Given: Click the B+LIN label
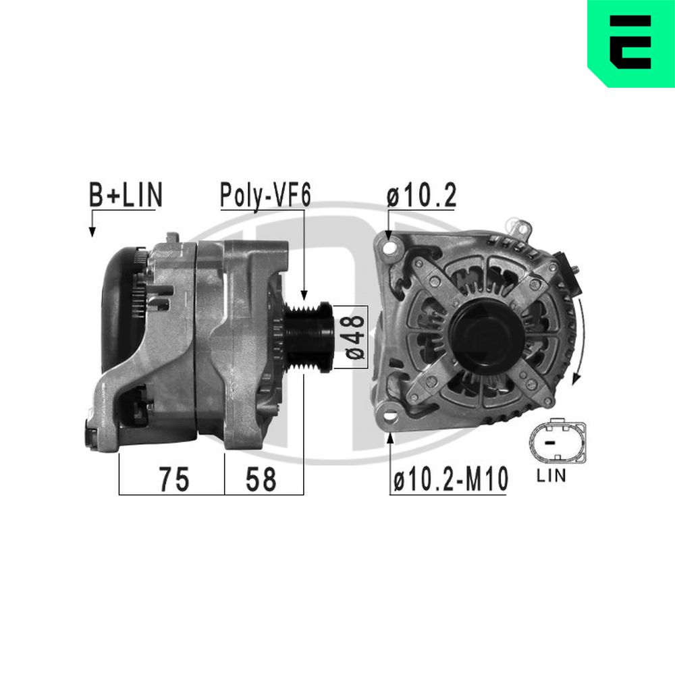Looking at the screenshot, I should [126, 195].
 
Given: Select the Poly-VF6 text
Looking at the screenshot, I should [265, 195].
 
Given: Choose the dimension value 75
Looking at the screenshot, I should [174, 479].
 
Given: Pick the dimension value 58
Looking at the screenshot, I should [261, 479].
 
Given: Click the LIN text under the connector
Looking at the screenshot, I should [551, 477].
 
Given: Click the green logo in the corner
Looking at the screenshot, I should [630, 42].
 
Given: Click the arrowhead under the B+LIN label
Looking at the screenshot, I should [92, 232].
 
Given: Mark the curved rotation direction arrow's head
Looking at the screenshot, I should [575, 379].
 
